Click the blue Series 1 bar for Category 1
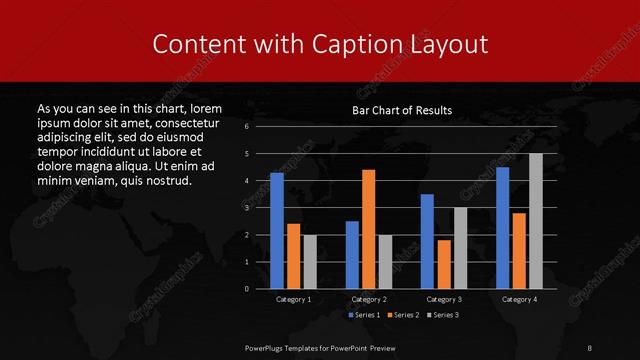click(277, 231)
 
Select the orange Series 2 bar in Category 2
click(369, 229)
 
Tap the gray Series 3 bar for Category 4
click(536, 221)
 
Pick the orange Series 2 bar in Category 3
click(444, 264)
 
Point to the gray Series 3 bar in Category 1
click(310, 262)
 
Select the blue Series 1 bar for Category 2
click(352, 255)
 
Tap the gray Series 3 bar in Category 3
click(461, 248)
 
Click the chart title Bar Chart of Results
click(402, 110)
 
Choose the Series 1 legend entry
click(363, 315)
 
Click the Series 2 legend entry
click(403, 315)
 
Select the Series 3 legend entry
click(443, 315)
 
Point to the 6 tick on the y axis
click(247, 127)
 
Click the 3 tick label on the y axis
click(247, 208)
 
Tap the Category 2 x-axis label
click(369, 299)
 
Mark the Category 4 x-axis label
click(519, 299)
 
